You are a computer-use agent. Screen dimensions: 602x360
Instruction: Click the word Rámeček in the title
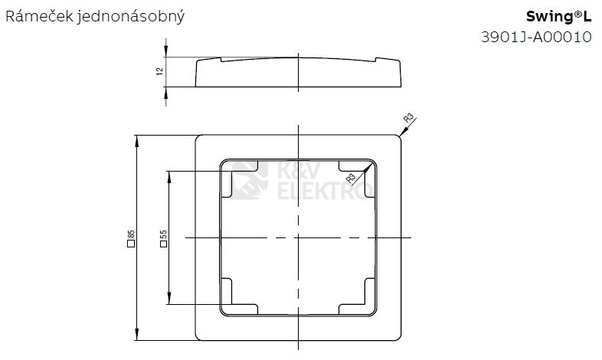39,17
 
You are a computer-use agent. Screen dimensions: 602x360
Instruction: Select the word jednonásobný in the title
131,18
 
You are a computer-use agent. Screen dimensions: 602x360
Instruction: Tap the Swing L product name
558,17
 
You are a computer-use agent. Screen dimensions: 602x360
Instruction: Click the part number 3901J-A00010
536,37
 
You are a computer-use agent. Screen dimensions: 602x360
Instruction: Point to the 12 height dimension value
160,71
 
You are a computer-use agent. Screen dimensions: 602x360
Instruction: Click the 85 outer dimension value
131,234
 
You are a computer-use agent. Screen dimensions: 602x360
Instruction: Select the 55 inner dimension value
164,234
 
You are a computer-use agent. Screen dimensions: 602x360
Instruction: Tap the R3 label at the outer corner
408,118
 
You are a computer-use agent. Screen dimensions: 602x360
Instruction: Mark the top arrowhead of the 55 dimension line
169,176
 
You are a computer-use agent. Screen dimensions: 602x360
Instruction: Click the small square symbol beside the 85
131,244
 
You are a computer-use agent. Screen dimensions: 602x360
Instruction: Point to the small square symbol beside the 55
164,244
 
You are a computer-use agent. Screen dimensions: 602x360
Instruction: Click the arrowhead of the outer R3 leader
402,133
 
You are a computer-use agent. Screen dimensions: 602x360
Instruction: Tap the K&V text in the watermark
298,171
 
